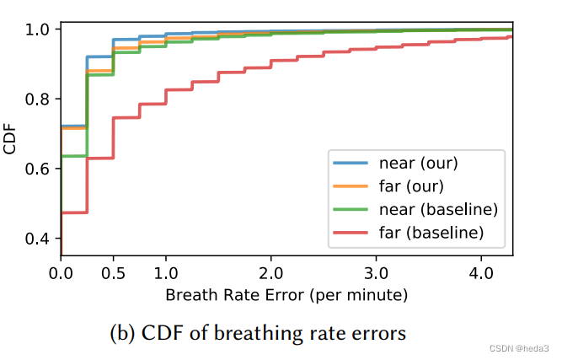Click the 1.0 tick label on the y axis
[x=38, y=30]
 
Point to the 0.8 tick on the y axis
[x=38, y=99]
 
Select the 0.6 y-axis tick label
[x=38, y=169]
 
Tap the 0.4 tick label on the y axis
[x=38, y=239]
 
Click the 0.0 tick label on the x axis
[x=61, y=273]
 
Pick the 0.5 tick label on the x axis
[x=114, y=273]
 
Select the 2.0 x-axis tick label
[x=271, y=273]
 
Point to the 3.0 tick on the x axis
[x=377, y=273]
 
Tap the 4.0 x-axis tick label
[x=481, y=273]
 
